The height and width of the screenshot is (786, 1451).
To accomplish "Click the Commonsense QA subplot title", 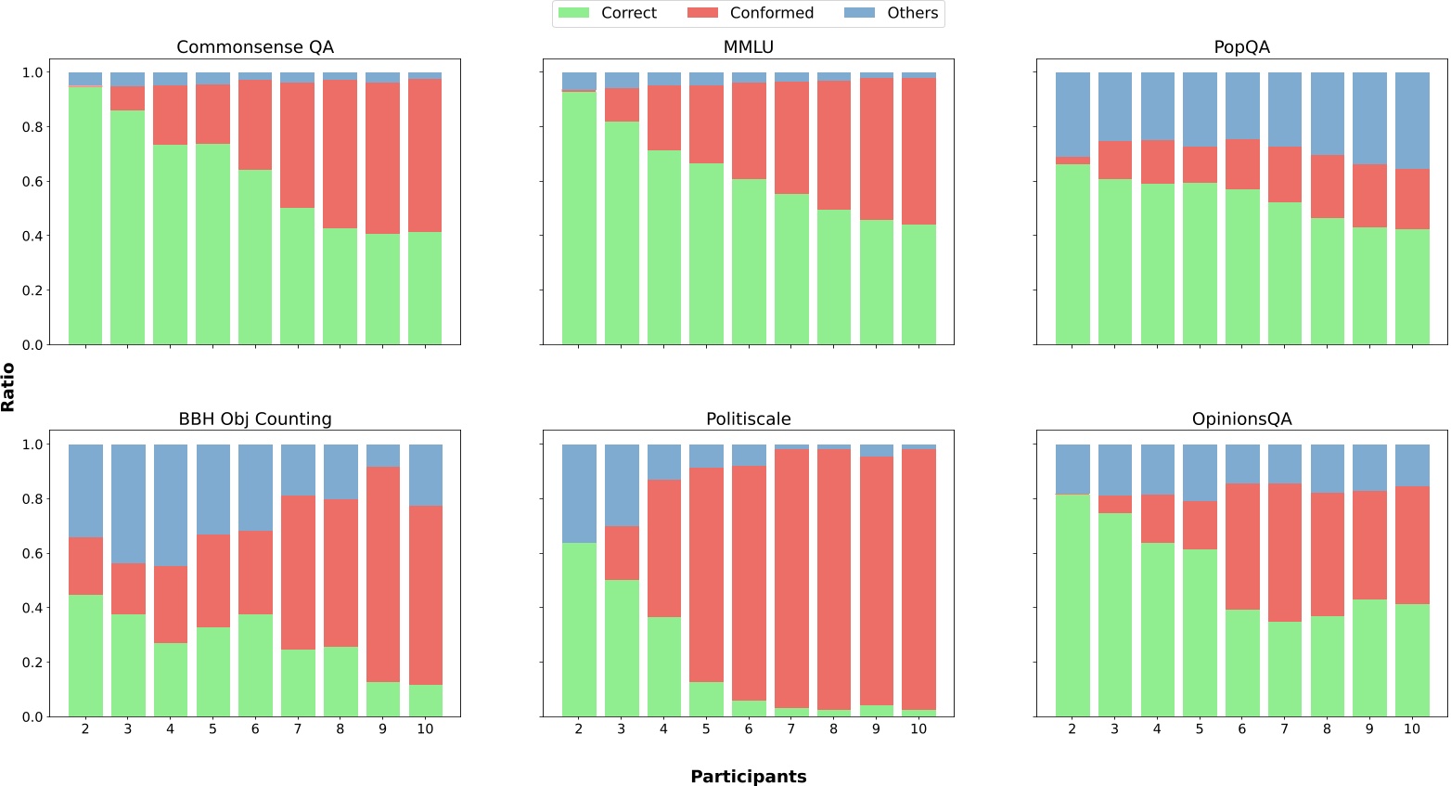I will (255, 47).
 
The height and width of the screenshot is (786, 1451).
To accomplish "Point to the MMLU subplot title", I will (748, 47).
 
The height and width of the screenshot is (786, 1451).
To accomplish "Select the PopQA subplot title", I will (1241, 47).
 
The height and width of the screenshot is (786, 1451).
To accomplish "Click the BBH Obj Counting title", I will (255, 419).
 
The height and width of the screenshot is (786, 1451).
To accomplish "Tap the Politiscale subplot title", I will (748, 419).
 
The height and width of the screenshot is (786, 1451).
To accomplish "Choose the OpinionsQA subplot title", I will (1241, 419).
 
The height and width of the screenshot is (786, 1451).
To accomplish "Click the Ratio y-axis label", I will (8, 387).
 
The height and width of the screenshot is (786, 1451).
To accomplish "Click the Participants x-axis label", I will (748, 777).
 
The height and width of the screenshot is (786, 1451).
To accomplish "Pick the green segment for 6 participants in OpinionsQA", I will (1242, 663).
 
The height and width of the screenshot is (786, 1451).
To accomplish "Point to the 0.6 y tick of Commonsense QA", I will (32, 182).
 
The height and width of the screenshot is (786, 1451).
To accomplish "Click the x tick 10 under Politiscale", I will (918, 729).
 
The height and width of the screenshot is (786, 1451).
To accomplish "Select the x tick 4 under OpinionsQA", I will (1157, 729).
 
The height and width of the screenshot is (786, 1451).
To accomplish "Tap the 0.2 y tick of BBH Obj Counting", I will (32, 663).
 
